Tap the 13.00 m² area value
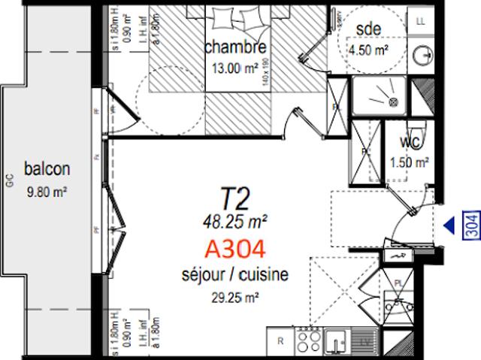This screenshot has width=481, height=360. click(x=237, y=65)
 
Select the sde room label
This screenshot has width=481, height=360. click(x=368, y=29)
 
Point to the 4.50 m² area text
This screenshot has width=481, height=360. click(x=368, y=50)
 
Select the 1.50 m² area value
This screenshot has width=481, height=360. click(x=410, y=161)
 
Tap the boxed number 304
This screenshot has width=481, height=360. click(x=470, y=225)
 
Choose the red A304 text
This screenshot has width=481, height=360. click(x=236, y=247)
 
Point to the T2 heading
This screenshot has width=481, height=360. click(x=234, y=198)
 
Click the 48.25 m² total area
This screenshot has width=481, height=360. click(x=235, y=220)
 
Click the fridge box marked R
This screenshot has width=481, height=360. click(x=280, y=343)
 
